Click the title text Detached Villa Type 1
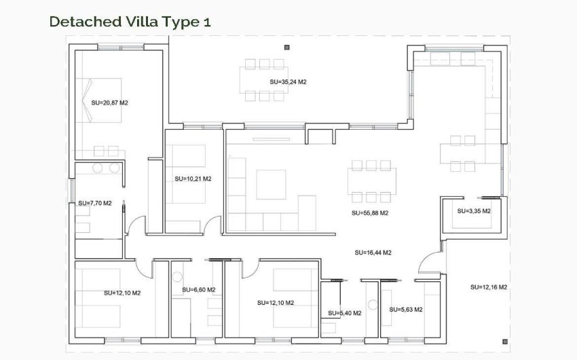(130, 21)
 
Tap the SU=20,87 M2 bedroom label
(110, 103)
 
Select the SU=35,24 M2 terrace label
(288, 82)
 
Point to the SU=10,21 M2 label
(193, 179)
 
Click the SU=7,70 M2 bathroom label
(94, 202)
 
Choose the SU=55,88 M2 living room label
(370, 213)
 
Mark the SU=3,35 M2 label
(474, 211)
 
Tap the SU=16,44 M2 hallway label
(373, 252)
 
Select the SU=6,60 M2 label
(198, 290)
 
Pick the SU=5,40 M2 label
(344, 313)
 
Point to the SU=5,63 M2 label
(406, 309)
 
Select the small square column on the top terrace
(287, 48)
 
